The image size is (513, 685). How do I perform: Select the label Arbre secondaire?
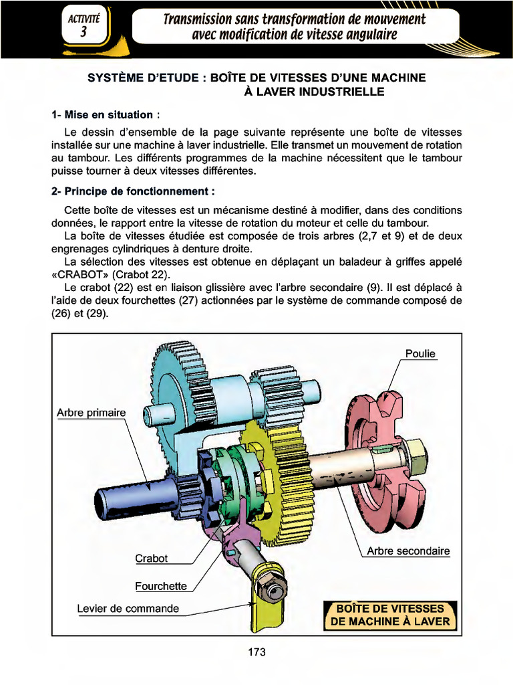tap(408, 552)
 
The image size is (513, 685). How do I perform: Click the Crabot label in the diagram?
tap(151, 558)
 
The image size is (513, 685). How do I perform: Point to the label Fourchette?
tap(161, 586)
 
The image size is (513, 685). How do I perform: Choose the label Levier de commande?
tap(128, 609)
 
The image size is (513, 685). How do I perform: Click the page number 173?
tap(256, 652)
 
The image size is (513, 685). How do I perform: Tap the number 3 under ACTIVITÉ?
tap(83, 32)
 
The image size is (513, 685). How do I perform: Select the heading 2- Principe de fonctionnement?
tap(133, 191)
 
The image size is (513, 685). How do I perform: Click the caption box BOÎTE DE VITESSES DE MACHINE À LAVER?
tap(390, 615)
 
